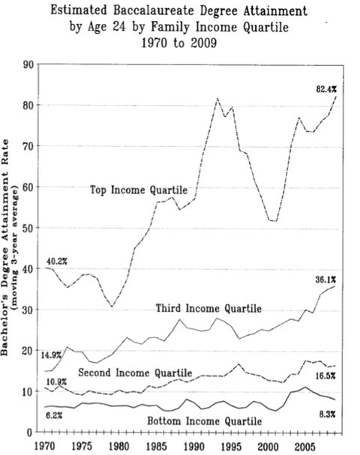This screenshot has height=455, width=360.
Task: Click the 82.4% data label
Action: [326, 90]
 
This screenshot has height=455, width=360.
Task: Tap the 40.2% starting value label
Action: [57, 262]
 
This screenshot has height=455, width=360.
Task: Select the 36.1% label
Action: [325, 280]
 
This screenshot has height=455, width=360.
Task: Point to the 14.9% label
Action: [51, 355]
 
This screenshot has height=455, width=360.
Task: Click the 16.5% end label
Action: [325, 376]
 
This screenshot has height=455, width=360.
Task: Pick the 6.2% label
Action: [54, 415]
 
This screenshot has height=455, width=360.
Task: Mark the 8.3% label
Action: [328, 415]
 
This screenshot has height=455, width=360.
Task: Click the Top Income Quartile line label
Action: [139, 190]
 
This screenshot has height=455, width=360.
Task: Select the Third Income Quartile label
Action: [208, 308]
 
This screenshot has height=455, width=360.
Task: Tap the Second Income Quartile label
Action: [135, 373]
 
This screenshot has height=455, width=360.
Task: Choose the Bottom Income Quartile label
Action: [205, 421]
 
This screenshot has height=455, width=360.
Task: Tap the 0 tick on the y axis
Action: [30, 433]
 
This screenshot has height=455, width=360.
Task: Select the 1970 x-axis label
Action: [45, 446]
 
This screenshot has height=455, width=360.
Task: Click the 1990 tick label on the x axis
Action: [194, 446]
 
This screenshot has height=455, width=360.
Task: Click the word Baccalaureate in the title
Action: [160, 10]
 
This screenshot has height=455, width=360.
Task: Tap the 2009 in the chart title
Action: [204, 43]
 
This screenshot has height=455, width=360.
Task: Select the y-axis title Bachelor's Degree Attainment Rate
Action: [5, 248]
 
